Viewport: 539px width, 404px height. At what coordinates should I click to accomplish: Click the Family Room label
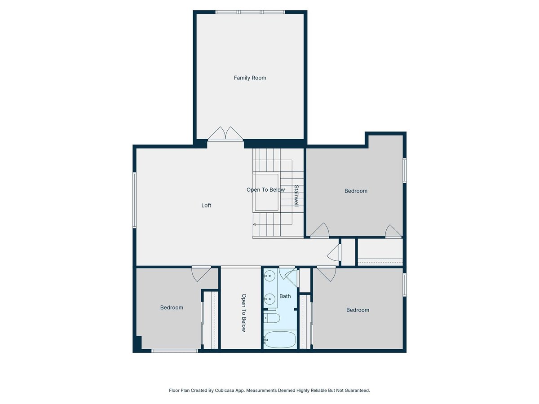250,78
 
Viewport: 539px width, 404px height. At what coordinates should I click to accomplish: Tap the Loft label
206,205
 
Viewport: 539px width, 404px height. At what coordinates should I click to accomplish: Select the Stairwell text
296,196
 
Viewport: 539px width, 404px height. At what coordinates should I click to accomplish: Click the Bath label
285,296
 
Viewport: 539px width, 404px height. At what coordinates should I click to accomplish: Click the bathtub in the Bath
280,340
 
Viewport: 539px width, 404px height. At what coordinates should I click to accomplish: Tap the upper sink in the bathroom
269,276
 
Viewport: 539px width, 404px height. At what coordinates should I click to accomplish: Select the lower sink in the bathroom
269,299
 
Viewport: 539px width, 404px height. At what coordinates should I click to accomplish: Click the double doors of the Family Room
225,134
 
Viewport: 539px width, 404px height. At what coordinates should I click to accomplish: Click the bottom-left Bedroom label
172,307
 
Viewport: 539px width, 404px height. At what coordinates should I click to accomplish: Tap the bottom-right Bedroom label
358,310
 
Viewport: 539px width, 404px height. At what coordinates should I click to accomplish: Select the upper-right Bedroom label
356,191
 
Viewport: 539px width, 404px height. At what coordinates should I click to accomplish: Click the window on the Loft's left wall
134,200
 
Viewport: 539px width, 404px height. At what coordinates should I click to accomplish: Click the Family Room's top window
250,12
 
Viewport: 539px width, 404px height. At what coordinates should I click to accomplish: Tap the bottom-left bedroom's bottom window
175,351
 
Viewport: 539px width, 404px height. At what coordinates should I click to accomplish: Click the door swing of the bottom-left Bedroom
201,274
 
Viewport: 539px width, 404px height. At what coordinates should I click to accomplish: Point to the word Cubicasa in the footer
225,390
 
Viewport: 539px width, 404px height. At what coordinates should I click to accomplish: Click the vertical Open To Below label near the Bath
243,313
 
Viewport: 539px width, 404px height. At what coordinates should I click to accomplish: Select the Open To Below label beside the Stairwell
265,189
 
